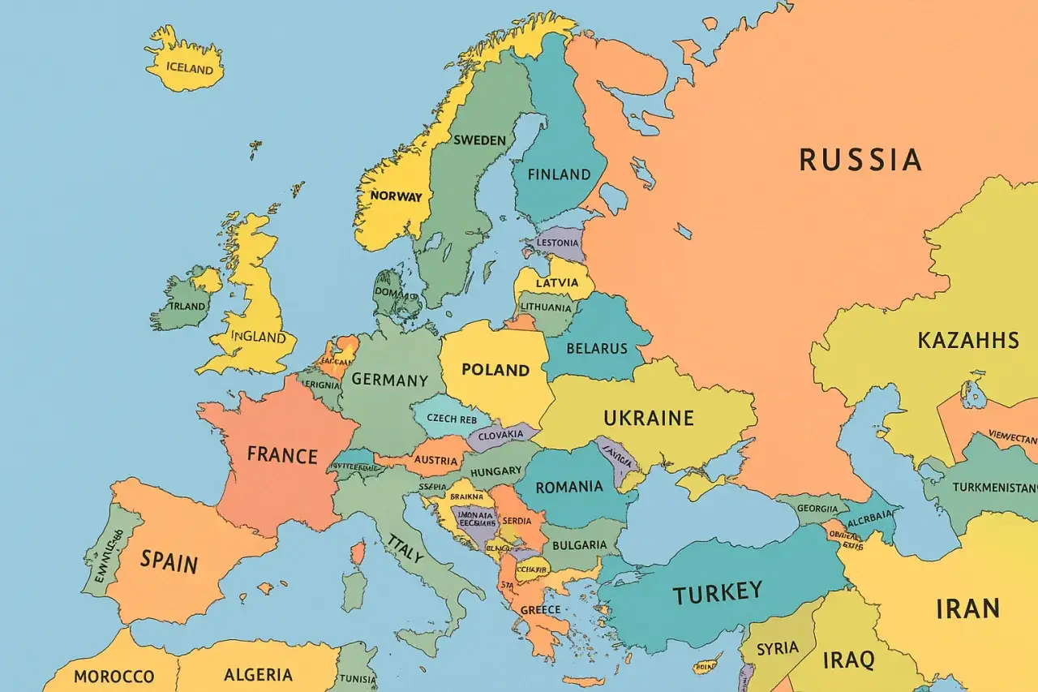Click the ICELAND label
click(x=189, y=67)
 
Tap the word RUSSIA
click(x=860, y=160)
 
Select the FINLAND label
click(x=559, y=174)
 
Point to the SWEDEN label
click(x=479, y=140)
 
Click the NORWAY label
click(x=396, y=196)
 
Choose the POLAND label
click(x=495, y=370)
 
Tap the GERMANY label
click(x=389, y=380)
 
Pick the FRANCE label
click(x=282, y=454)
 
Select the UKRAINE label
click(x=649, y=418)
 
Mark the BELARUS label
click(x=597, y=348)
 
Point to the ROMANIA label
click(x=569, y=487)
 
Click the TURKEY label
click(x=717, y=592)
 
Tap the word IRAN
click(x=967, y=608)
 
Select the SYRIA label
click(x=778, y=648)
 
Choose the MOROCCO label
click(x=114, y=676)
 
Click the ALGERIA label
click(x=257, y=674)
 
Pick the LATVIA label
click(x=557, y=282)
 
